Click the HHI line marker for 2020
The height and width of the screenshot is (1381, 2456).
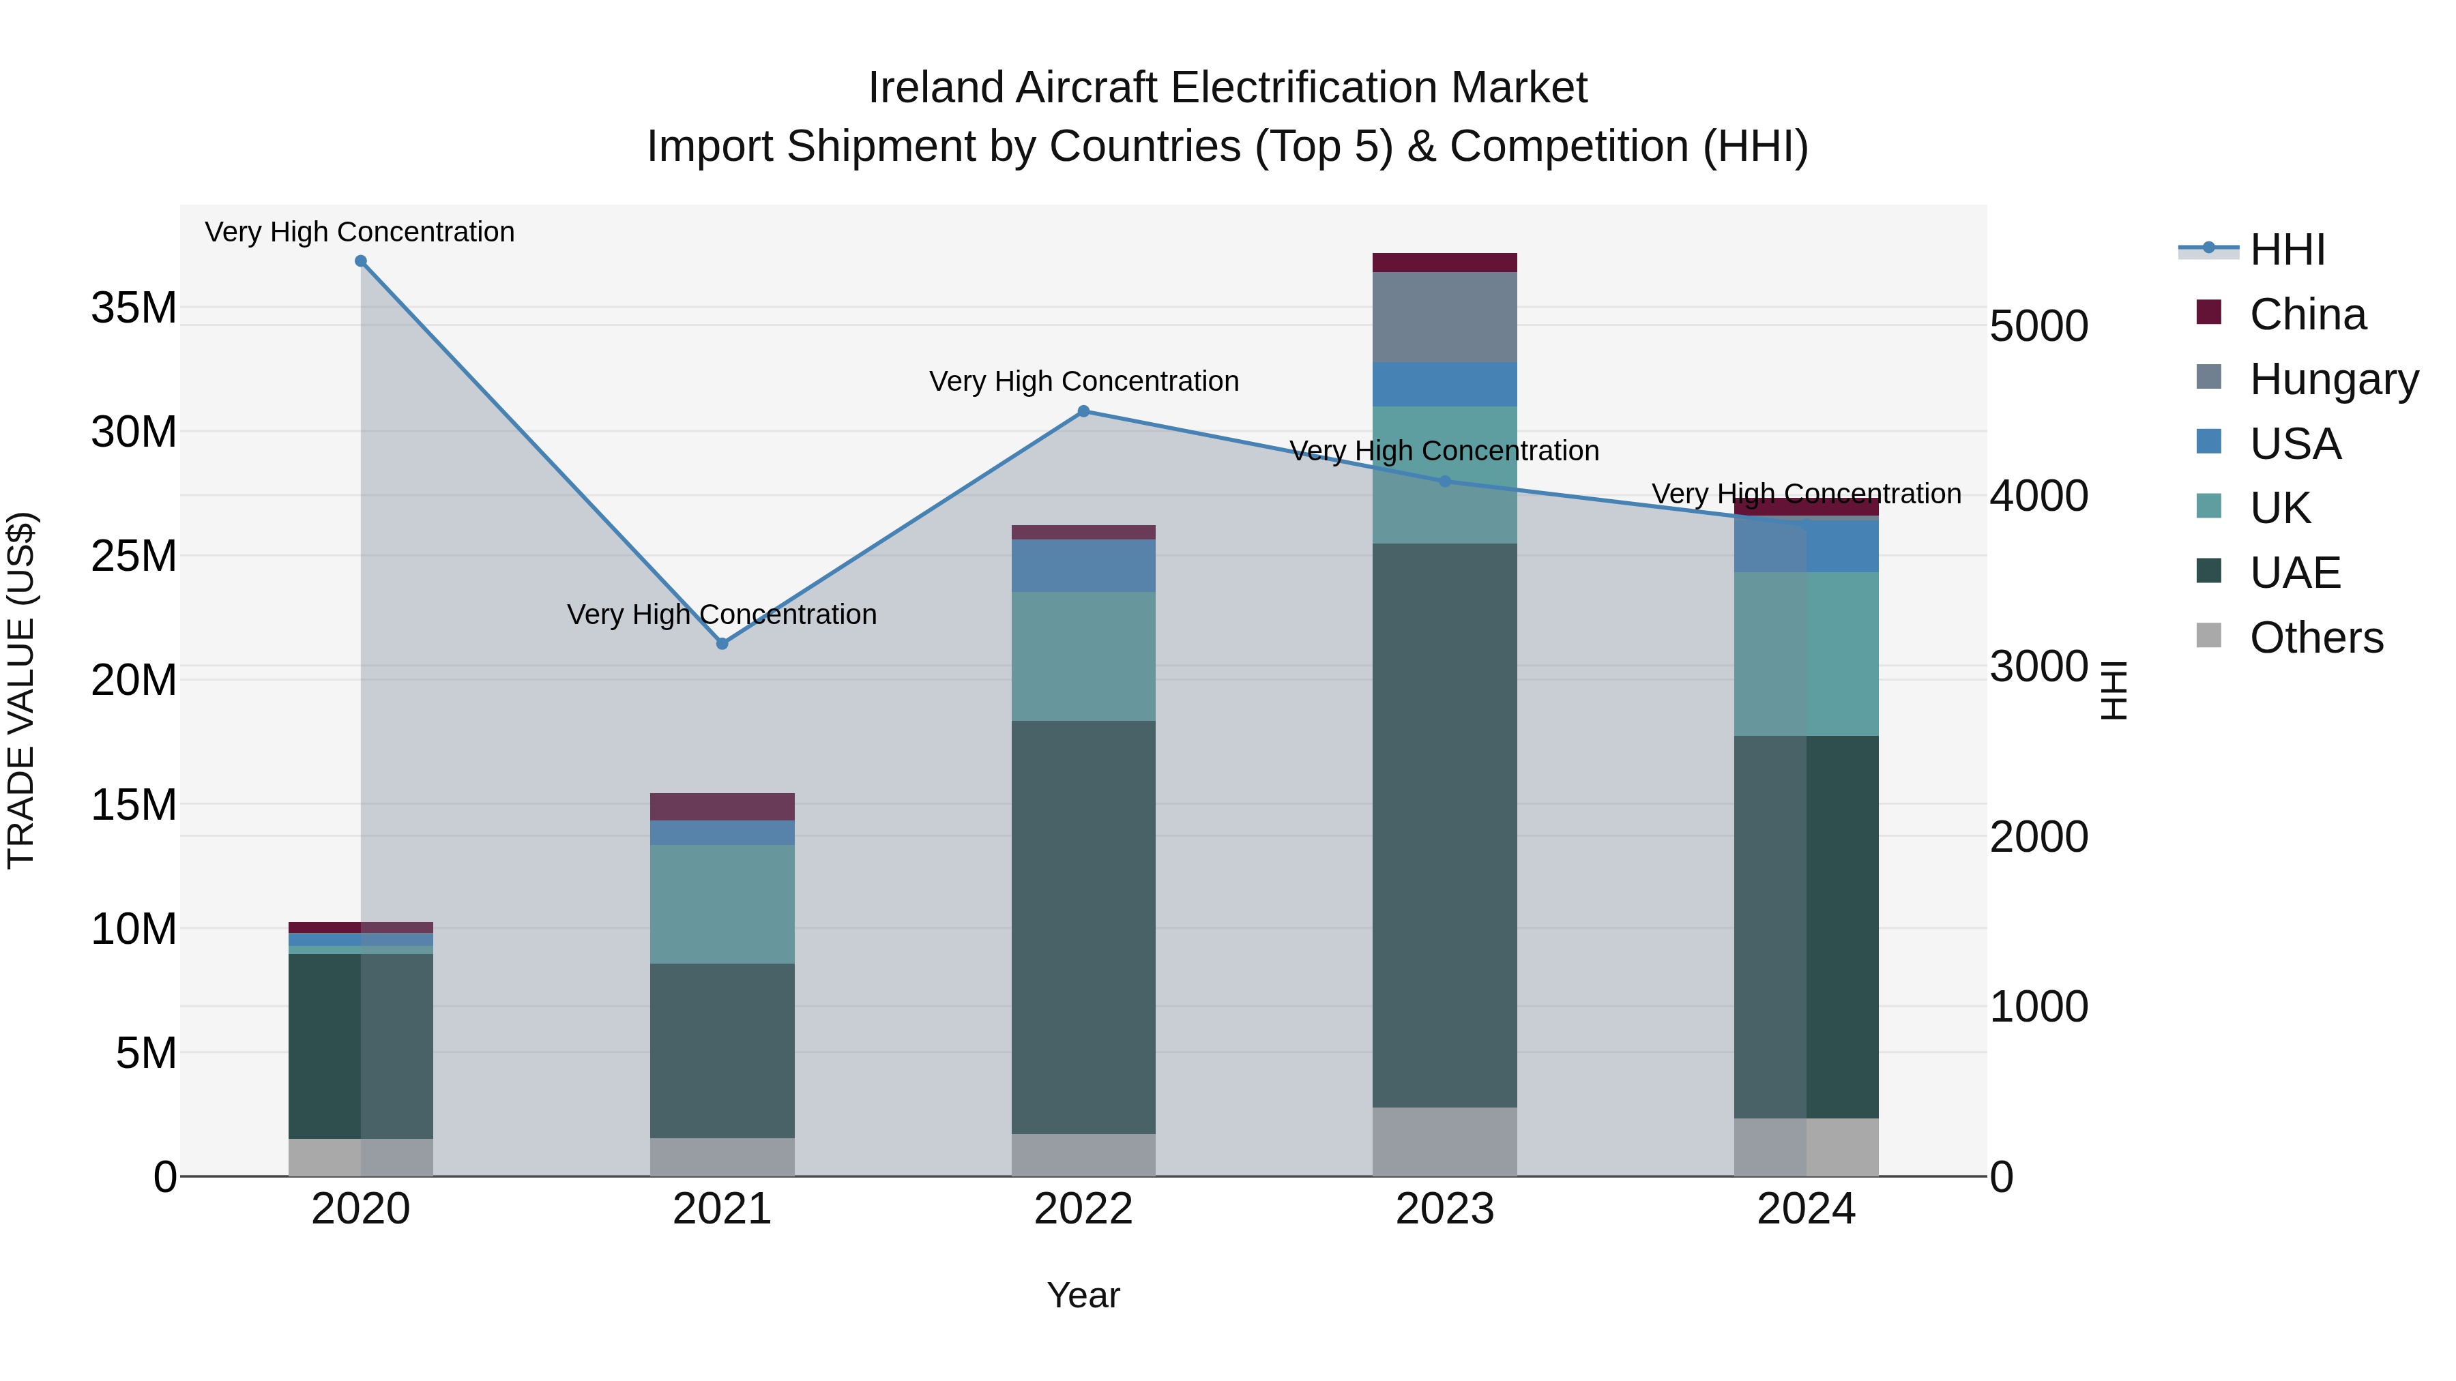pyautogui.click(x=360, y=261)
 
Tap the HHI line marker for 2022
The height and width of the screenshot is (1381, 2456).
pyautogui.click(x=1083, y=412)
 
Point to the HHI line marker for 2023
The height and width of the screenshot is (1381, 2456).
pyautogui.click(x=1444, y=481)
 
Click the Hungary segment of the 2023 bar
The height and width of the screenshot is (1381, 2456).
pyautogui.click(x=1444, y=317)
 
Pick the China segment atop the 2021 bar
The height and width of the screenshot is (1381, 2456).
pyautogui.click(x=722, y=806)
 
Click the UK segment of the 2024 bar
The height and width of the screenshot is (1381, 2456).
pyautogui.click(x=1806, y=654)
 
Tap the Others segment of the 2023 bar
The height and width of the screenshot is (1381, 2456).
pyautogui.click(x=1444, y=1141)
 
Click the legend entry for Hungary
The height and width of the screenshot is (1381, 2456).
pyautogui.click(x=2333, y=379)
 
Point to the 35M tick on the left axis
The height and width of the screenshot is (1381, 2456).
pyautogui.click(x=134, y=308)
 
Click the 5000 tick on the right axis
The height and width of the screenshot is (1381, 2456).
pyautogui.click(x=2039, y=326)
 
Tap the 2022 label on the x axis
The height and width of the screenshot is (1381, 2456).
pyautogui.click(x=1083, y=1209)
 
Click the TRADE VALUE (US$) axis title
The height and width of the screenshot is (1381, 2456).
pyautogui.click(x=21, y=690)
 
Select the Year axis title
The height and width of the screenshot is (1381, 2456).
pyautogui.click(x=1083, y=1295)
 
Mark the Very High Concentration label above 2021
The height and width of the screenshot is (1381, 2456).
pyautogui.click(x=722, y=614)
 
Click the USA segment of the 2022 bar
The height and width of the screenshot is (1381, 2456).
pyautogui.click(x=1083, y=565)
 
